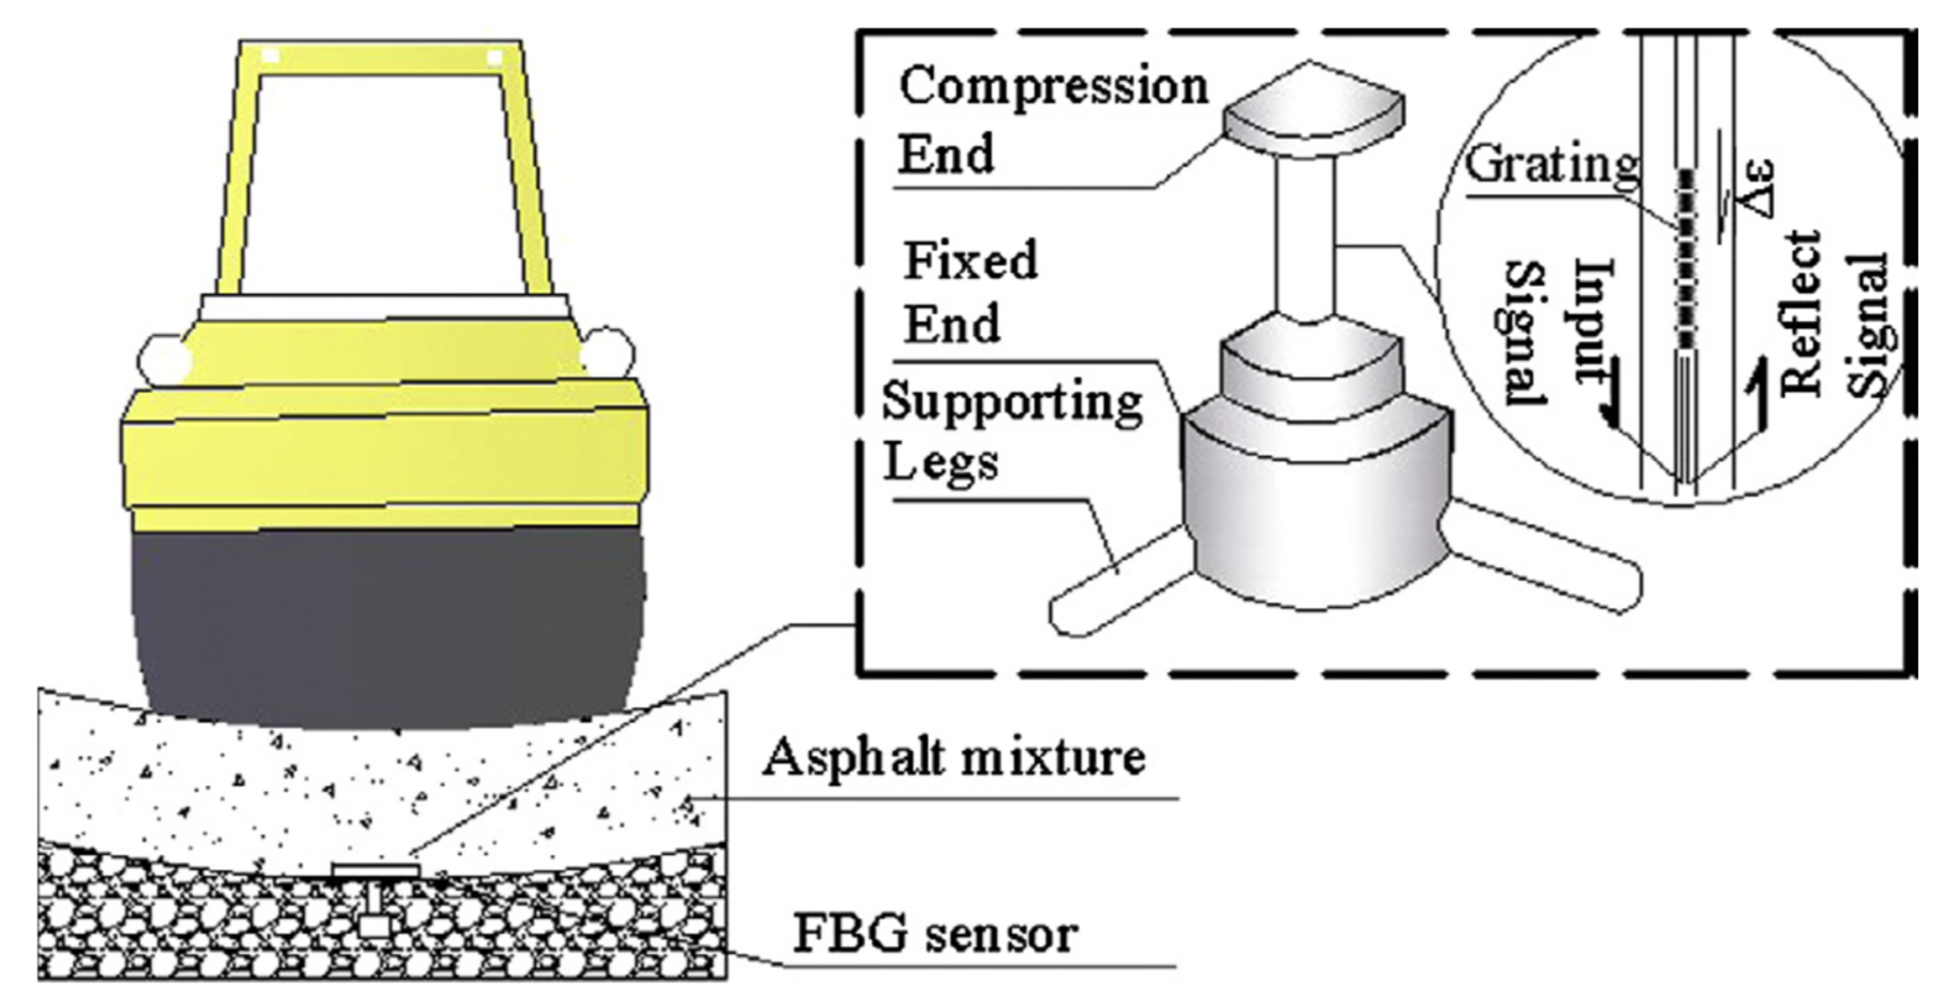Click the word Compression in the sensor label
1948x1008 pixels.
click(1053, 87)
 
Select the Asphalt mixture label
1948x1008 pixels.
click(954, 758)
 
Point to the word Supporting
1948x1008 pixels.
click(1012, 402)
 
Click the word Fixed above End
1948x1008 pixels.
click(971, 261)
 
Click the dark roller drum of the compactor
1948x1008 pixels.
click(387, 628)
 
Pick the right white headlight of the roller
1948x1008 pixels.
click(607, 352)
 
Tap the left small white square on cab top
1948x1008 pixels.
click(271, 56)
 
